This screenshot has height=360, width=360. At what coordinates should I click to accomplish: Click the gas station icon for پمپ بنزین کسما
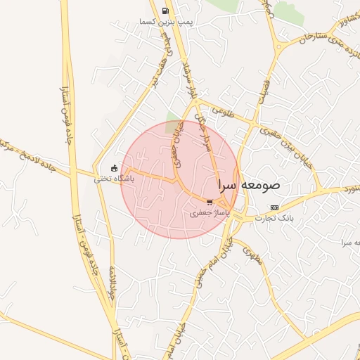165,11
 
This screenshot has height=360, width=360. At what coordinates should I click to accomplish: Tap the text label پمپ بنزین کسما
165,22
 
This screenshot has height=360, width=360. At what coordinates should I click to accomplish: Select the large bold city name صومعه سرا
249,186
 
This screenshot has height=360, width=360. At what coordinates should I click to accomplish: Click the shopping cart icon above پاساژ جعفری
210,202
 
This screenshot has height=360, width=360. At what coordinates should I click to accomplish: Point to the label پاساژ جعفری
210,212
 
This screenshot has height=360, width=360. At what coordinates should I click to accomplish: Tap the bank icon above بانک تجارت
274,208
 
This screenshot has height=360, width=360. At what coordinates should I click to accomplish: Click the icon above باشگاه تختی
114,168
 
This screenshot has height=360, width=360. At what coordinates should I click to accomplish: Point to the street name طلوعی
220,110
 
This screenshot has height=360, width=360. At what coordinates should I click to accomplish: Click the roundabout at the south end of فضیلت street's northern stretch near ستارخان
279,48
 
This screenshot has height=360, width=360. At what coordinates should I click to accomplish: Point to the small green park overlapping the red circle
172,119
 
